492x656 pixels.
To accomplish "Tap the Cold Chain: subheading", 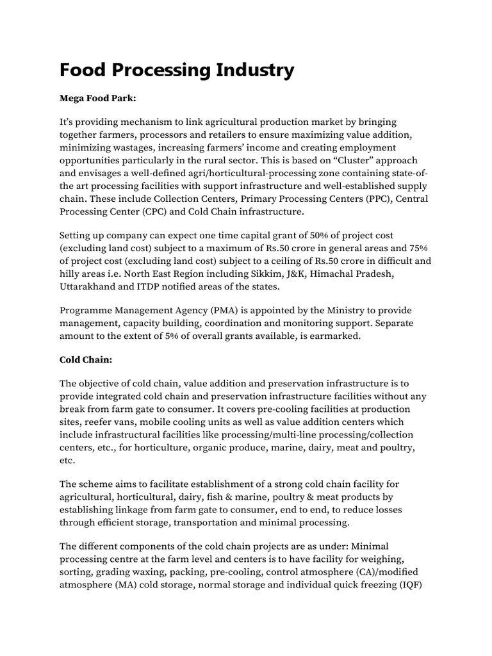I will click(x=86, y=361).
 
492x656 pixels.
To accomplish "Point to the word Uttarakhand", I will click(x=90, y=288).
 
